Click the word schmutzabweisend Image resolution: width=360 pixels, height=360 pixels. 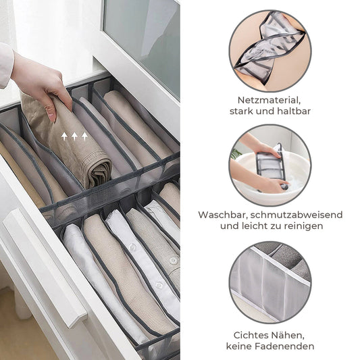pos(297,215)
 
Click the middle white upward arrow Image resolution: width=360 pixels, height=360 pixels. pos(74,136)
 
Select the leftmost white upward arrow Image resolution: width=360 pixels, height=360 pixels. pos(64,136)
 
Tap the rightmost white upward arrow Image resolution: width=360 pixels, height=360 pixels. pos(84,136)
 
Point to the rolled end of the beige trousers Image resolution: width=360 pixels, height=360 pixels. pos(100,172)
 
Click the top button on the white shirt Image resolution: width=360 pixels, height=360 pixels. pos(132,247)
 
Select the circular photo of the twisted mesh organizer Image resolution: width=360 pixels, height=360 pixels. pos(270,51)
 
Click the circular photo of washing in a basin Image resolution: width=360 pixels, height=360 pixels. pos(270,165)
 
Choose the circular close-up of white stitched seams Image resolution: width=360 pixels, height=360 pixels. pos(270,282)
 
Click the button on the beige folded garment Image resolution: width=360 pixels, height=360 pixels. pos(174,261)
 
